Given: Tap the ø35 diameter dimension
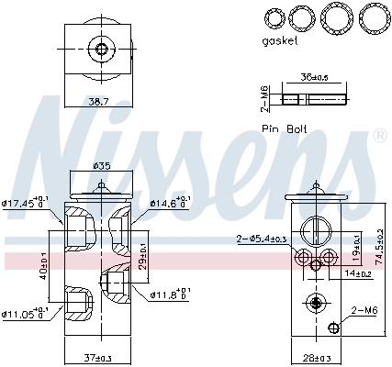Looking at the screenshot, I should click(101, 166).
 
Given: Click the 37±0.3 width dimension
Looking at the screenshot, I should click(100, 357).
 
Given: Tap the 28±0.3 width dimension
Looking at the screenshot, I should click(316, 357).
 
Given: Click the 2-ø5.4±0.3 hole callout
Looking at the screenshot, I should click(261, 239).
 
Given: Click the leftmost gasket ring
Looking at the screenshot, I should click(274, 17).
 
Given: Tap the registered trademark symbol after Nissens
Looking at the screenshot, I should click(379, 136).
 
